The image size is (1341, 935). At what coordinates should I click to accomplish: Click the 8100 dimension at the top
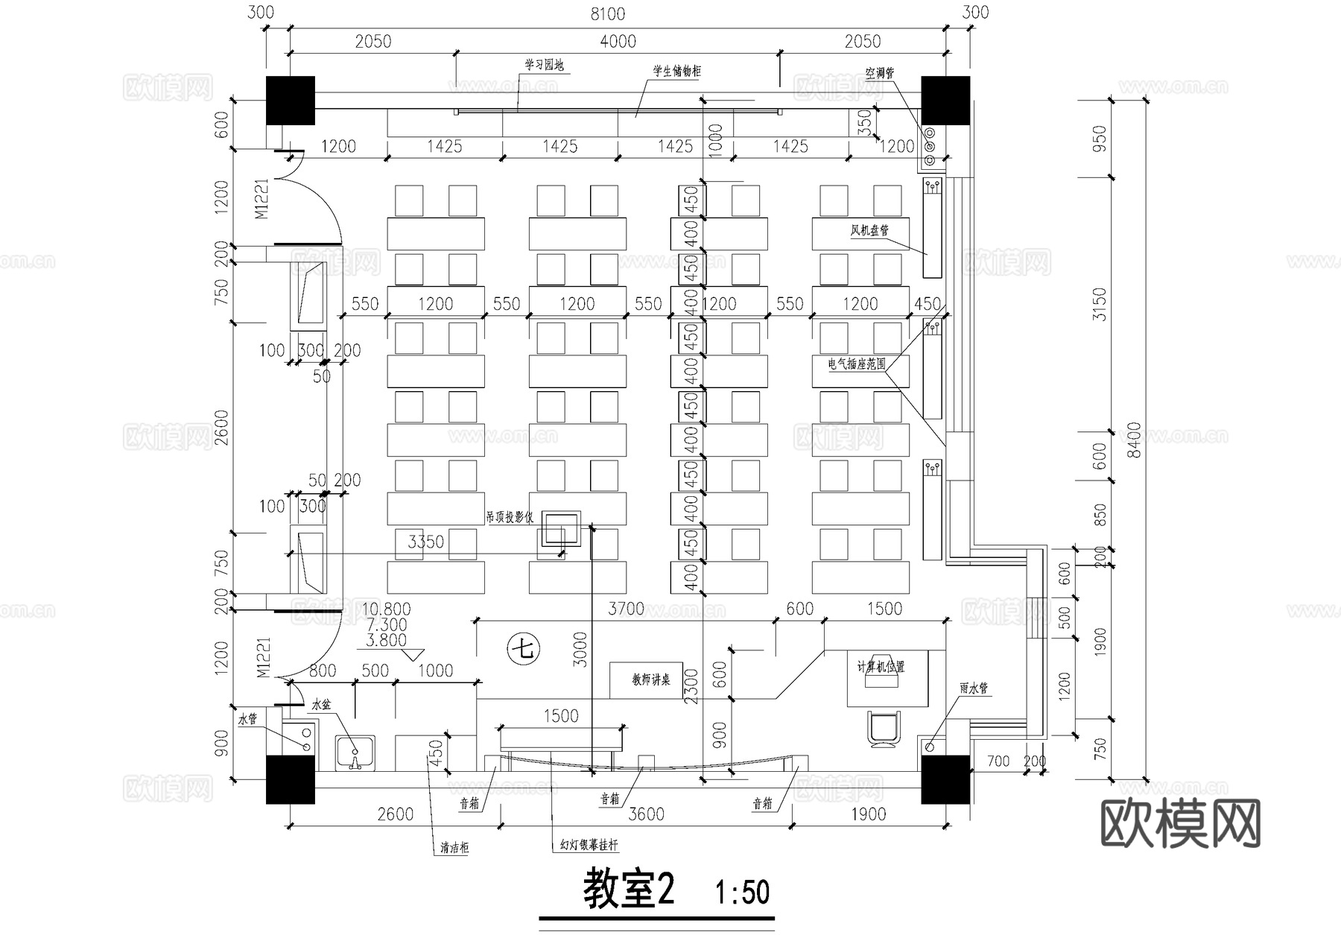click(x=607, y=14)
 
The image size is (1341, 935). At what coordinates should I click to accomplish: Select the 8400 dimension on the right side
click(x=1133, y=442)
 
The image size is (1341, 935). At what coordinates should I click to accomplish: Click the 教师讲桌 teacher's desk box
click(x=650, y=679)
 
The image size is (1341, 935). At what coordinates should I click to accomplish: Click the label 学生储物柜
click(x=676, y=72)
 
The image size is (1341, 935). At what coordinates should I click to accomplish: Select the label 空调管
click(x=879, y=73)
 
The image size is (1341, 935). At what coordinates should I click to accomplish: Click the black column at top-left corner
click(x=291, y=100)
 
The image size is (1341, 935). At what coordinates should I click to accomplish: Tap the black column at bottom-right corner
click(x=945, y=779)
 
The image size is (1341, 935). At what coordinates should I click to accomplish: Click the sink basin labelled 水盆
click(x=355, y=752)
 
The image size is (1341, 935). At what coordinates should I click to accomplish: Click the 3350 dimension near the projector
click(x=425, y=542)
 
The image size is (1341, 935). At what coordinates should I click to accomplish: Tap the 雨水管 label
click(x=973, y=688)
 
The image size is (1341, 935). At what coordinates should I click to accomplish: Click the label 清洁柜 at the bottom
click(x=454, y=848)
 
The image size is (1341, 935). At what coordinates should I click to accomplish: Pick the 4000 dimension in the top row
click(x=618, y=42)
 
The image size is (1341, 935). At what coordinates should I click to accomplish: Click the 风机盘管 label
click(x=869, y=230)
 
